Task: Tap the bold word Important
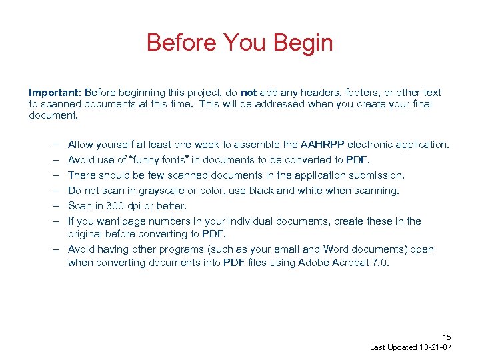(x=51, y=93)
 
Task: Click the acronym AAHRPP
(x=323, y=145)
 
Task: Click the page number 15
(x=447, y=337)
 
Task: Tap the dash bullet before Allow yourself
(x=53, y=145)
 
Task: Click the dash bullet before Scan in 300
(x=53, y=206)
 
